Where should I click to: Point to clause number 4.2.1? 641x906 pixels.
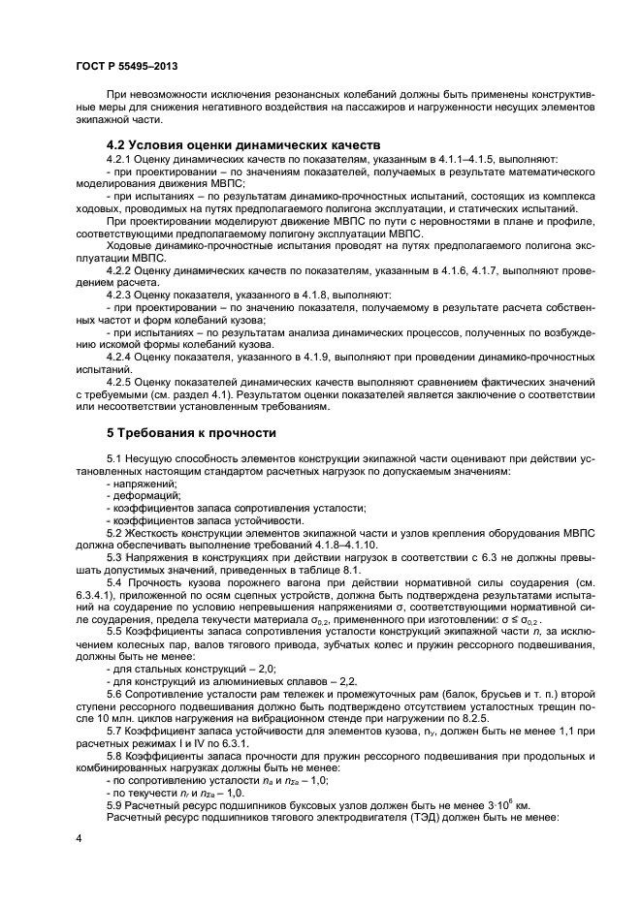pos(119,159)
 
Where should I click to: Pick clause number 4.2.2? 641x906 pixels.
pos(119,272)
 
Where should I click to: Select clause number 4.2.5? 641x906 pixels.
pos(119,385)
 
